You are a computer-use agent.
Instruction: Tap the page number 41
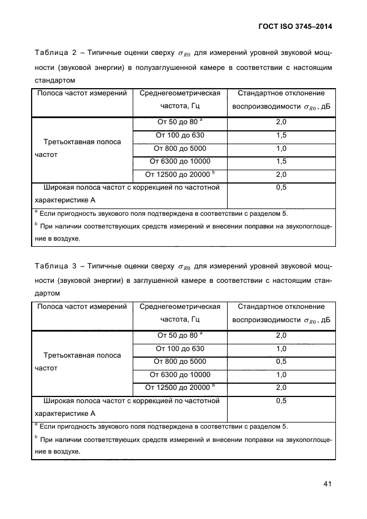pyautogui.click(x=327, y=484)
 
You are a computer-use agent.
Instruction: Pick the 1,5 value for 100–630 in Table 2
pyautogui.click(x=281, y=135)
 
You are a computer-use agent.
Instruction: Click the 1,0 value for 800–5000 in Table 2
pyautogui.click(x=281, y=149)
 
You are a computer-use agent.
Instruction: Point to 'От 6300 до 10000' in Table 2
pyautogui.click(x=180, y=161)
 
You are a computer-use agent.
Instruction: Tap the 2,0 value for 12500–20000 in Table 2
pyautogui.click(x=281, y=175)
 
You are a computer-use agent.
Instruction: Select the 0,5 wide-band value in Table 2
pyautogui.click(x=281, y=188)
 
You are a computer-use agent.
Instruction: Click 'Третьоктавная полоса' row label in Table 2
pyautogui.click(x=82, y=142)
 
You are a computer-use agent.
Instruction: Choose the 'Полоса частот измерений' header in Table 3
pyautogui.click(x=82, y=307)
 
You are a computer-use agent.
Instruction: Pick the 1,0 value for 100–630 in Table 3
pyautogui.click(x=281, y=349)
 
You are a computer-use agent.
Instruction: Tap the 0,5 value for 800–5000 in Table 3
pyautogui.click(x=281, y=362)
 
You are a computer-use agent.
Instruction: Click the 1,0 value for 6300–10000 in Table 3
pyautogui.click(x=281, y=375)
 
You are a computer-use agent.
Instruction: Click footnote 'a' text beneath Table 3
pyautogui.click(x=161, y=426)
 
